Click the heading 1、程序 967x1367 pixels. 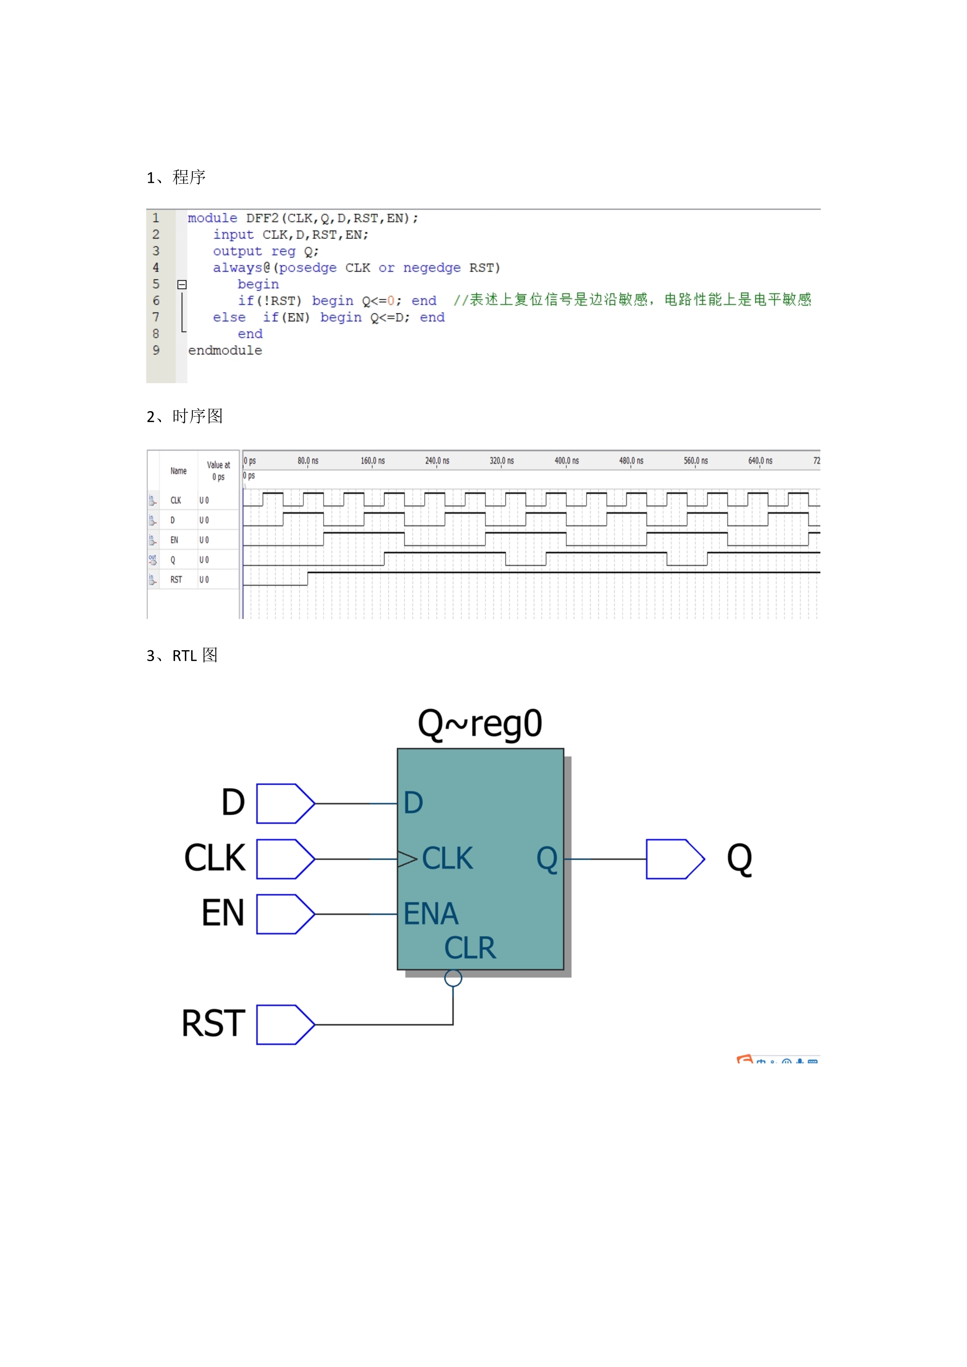tap(176, 177)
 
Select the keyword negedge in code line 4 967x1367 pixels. tap(432, 268)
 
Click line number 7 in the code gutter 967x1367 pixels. tap(156, 317)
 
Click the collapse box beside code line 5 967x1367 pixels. tap(182, 285)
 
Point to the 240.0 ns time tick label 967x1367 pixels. tap(437, 461)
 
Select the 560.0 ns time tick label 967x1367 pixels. tap(696, 461)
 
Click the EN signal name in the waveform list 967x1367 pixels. tap(174, 540)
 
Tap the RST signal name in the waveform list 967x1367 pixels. tap(176, 579)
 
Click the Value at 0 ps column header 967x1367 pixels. tap(218, 471)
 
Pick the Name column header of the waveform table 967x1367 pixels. tap(179, 471)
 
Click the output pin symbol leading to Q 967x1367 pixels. tap(675, 859)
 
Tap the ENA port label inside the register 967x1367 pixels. tap(431, 914)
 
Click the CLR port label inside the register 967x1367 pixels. tap(470, 948)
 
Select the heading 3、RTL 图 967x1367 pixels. tap(182, 655)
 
